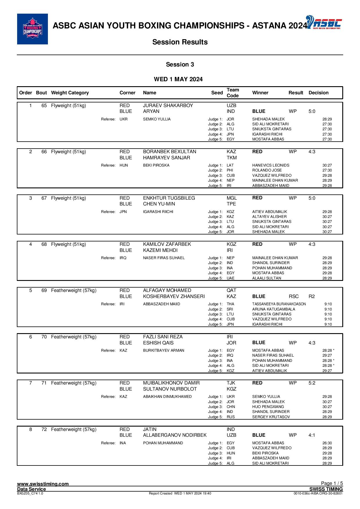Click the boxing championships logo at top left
click(x=32, y=29)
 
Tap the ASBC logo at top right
click(x=324, y=22)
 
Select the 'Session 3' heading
click(x=180, y=64)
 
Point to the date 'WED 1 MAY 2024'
click(x=178, y=79)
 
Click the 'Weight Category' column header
click(x=70, y=93)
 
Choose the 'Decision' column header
click(x=318, y=93)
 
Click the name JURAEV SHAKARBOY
click(x=168, y=106)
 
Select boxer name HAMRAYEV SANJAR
click(x=166, y=158)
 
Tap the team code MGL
click(x=231, y=198)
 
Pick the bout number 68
click(x=44, y=244)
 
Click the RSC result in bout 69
click(x=294, y=297)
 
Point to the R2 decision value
click(x=312, y=297)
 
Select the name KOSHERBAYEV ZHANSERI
click(x=174, y=297)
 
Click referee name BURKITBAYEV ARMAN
click(x=163, y=351)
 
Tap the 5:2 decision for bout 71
click(x=312, y=383)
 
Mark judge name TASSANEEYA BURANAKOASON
click(x=279, y=304)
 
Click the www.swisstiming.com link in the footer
click(x=43, y=484)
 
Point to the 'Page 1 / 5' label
click(x=332, y=483)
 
